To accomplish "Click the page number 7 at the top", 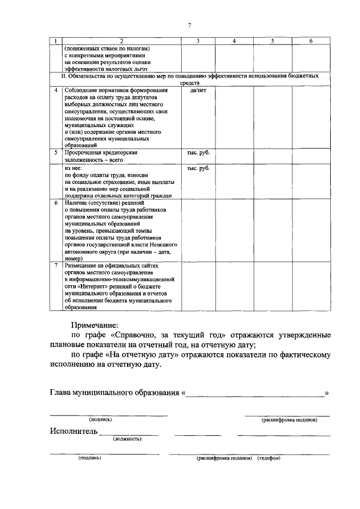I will [x=190, y=25].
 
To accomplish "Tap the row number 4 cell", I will [x=56, y=91].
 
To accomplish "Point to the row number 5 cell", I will [x=56, y=152].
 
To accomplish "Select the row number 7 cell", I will [x=56, y=265].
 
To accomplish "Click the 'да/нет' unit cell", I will [x=198, y=91].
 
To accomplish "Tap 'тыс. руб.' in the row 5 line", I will [x=198, y=152].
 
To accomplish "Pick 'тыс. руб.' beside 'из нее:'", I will [x=198, y=168].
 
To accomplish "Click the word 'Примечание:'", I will [x=94, y=325].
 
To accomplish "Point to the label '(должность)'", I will [x=127, y=438].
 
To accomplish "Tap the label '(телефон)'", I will [x=269, y=458].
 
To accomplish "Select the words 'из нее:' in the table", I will [x=74, y=168].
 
